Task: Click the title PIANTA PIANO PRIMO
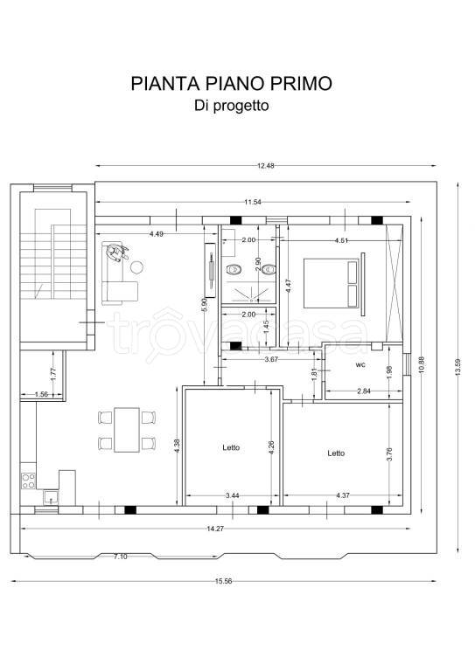[x=231, y=84]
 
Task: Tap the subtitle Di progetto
[x=231, y=106]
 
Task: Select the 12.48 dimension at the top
[x=266, y=166]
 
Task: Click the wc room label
[x=360, y=363]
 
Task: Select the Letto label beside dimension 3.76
[x=336, y=453]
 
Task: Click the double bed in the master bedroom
[x=332, y=282]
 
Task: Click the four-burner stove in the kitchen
[x=28, y=480]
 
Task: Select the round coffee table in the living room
[x=136, y=268]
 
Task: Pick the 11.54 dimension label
[x=254, y=202]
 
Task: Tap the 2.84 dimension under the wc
[x=365, y=392]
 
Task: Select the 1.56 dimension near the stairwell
[x=41, y=394]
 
